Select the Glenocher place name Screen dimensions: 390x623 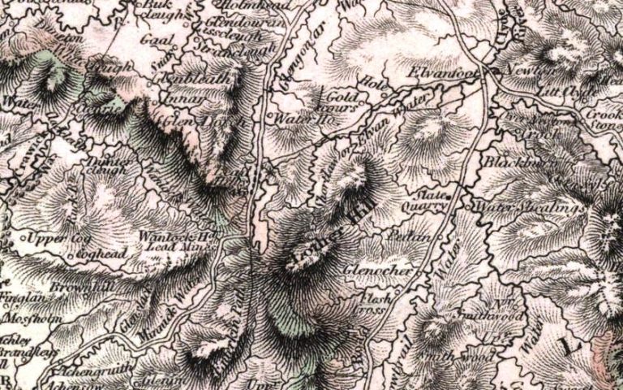[x=380, y=269]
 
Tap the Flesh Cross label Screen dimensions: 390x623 [x=376, y=305]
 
